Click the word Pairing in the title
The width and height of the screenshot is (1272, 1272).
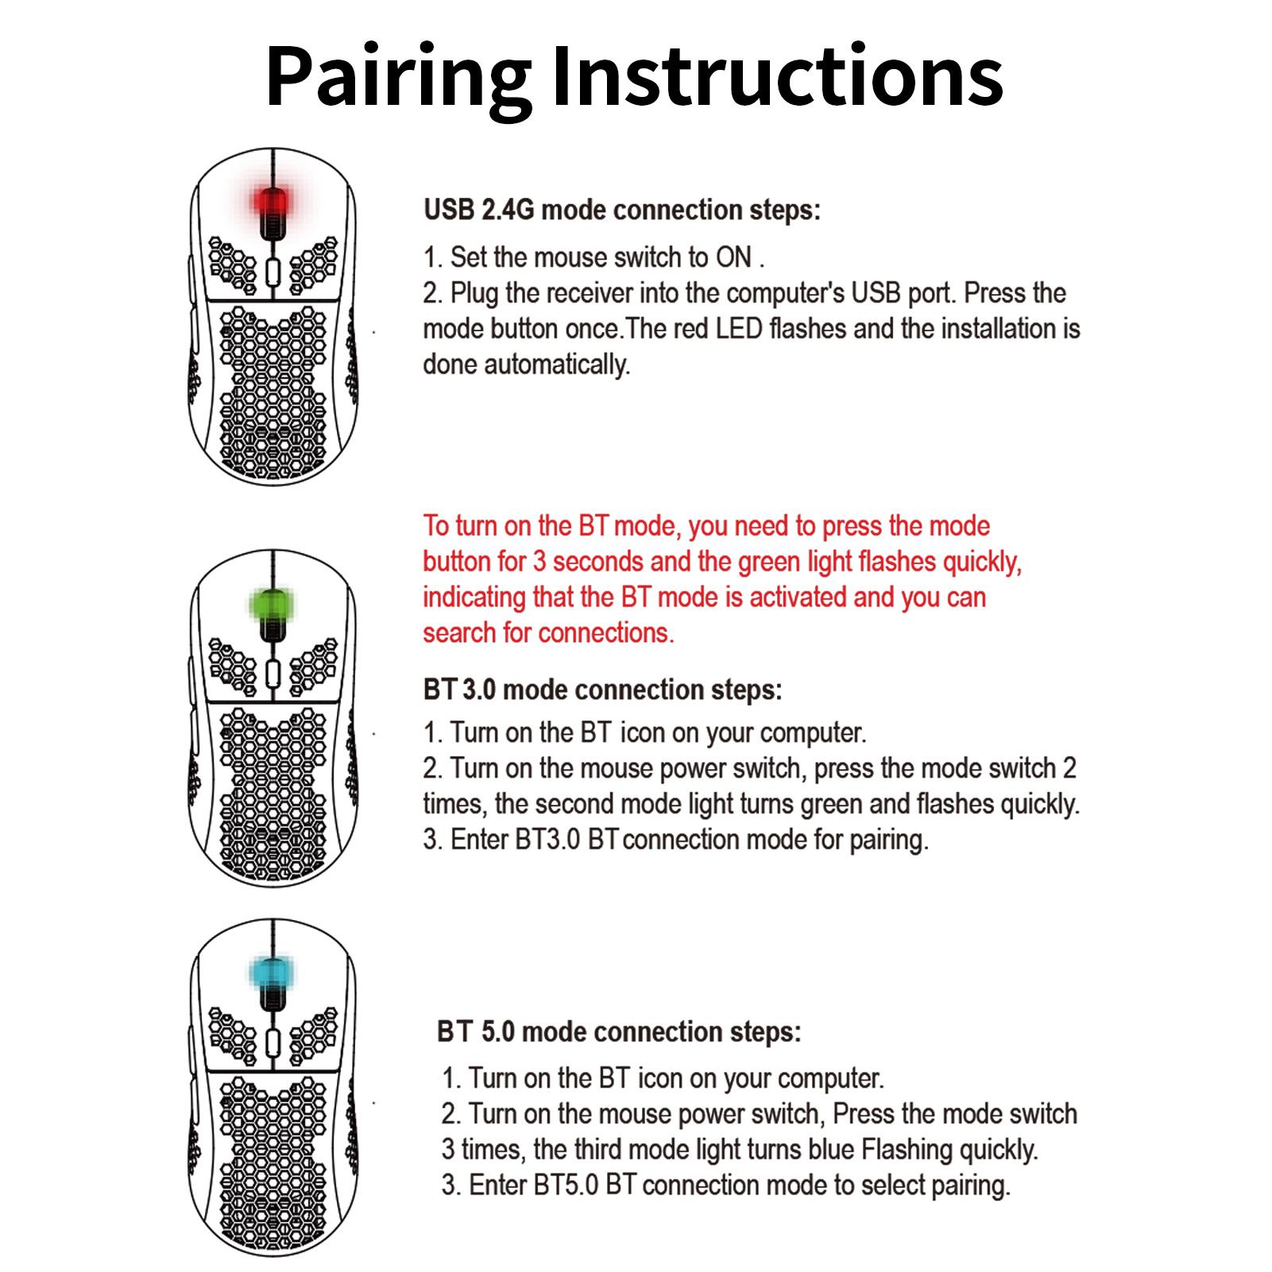pos(399,78)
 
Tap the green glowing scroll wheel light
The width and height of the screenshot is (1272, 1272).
pos(273,605)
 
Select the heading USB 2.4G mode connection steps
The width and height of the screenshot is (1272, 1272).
pos(622,211)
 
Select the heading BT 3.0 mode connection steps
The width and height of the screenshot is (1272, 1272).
pos(603,690)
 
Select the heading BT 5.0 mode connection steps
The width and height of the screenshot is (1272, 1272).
pos(619,1032)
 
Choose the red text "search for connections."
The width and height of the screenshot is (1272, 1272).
pos(548,633)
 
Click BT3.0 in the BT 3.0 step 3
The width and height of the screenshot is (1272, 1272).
pos(548,840)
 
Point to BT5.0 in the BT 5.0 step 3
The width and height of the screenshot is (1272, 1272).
pos(566,1185)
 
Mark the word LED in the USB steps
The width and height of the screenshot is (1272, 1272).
pos(739,329)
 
